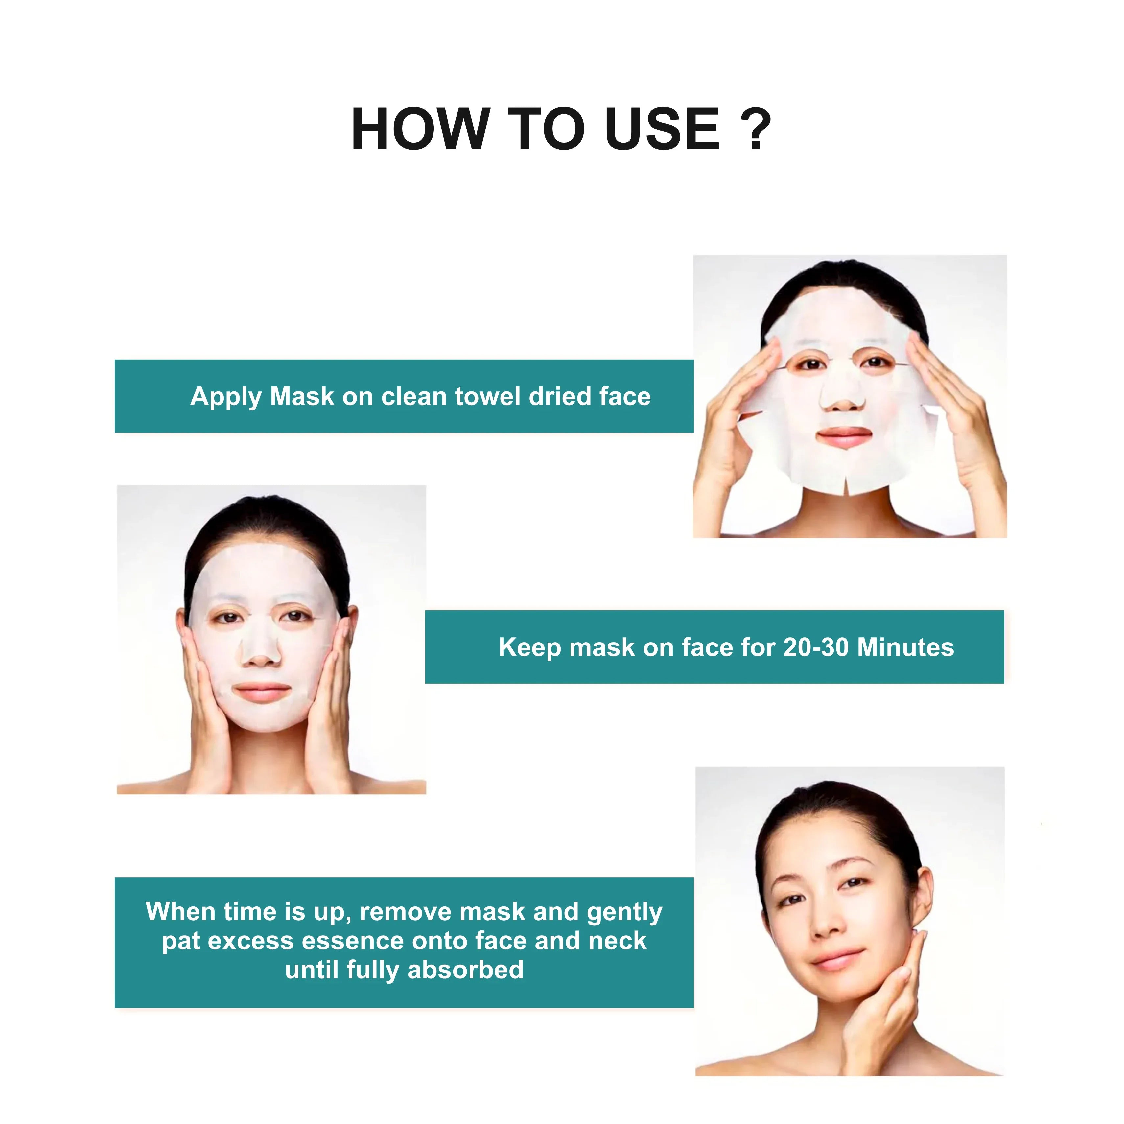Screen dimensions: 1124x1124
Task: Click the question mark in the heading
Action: [755, 129]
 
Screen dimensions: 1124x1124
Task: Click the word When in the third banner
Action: [180, 912]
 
